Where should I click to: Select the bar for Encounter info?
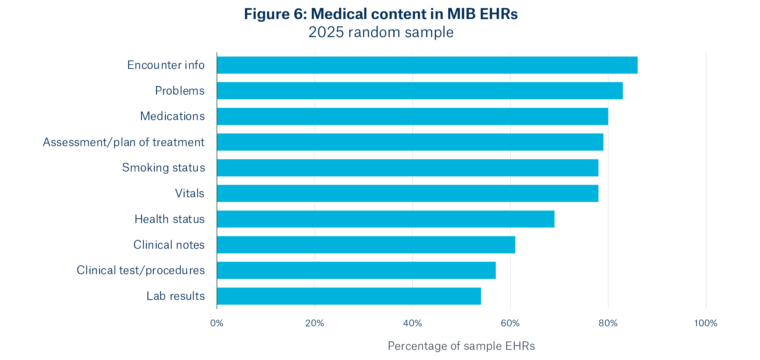427,65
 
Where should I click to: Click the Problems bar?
420,91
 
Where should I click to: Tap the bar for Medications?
412,116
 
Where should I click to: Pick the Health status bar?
385,219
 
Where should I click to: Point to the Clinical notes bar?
366,245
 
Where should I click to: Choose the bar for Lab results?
349,296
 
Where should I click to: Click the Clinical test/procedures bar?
356,270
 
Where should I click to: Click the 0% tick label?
217,323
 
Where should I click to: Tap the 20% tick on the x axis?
315,323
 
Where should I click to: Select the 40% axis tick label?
412,323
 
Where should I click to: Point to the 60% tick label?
510,323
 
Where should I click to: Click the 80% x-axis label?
608,323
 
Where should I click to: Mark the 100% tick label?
705,323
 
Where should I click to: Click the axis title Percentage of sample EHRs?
461,346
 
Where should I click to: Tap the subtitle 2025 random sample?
381,32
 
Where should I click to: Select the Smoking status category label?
163,168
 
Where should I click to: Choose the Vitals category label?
189,193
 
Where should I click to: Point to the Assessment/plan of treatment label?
124,142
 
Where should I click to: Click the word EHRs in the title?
498,14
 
